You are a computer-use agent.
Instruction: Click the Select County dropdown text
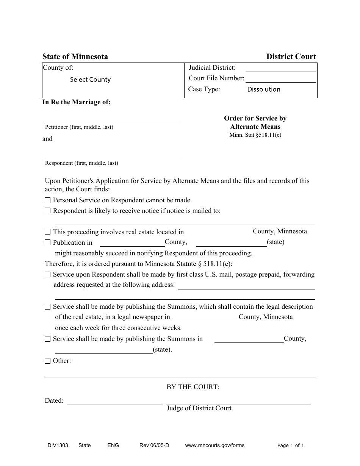pos(90,80)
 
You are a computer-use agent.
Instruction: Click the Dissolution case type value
pos(264,89)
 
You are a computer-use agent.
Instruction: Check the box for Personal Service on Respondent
pos(47,200)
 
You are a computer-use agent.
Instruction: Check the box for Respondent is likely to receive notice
pos(47,211)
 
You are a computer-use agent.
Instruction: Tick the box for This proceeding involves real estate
pos(47,232)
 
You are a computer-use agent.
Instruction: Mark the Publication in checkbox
pos(47,242)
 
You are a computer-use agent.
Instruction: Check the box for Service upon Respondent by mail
pos(47,274)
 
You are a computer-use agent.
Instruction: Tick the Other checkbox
pos(47,361)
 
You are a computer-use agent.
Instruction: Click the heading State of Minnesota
pos(75,56)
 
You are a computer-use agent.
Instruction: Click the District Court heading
pos(291,56)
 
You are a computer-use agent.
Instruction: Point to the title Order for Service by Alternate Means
pos(255,122)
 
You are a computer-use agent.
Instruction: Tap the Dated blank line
pos(114,402)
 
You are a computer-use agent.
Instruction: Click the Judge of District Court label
pos(199,408)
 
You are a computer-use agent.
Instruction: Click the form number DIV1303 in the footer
pos(55,446)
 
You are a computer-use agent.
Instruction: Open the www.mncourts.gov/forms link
pos(215,446)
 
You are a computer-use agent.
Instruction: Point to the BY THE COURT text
pos(193,387)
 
